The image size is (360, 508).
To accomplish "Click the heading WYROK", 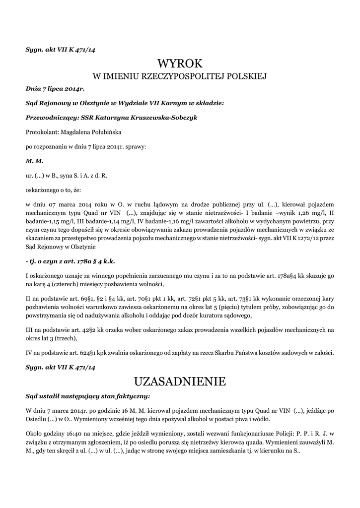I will [180, 63].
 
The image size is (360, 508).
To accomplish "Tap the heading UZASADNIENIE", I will [180, 381].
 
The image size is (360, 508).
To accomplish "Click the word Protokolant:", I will [42, 132].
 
